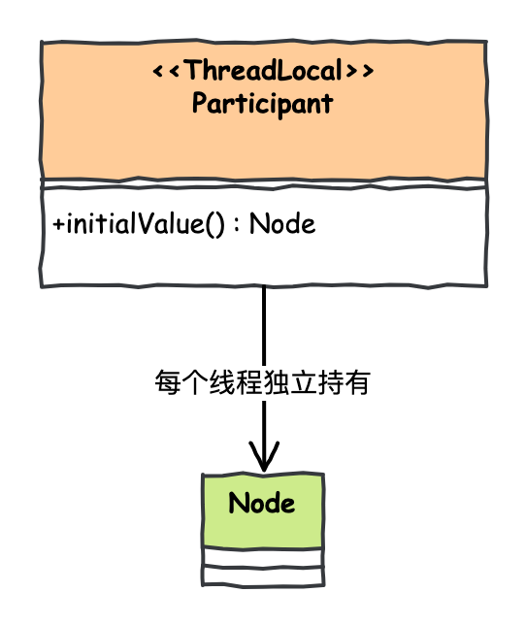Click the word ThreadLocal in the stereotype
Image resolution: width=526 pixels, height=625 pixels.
tap(264, 70)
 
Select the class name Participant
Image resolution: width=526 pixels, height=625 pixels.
tap(263, 103)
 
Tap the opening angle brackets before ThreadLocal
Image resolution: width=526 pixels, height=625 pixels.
tap(167, 71)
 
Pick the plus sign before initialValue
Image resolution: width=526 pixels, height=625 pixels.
tap(58, 223)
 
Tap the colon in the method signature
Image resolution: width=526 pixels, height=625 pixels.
tap(237, 224)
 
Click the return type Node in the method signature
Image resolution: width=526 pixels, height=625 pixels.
tap(282, 223)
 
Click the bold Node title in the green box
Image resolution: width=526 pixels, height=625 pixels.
tap(262, 503)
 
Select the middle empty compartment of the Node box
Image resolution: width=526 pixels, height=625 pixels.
tap(263, 558)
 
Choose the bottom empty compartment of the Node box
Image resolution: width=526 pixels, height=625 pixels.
tap(263, 576)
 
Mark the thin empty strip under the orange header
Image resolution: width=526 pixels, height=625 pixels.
tap(264, 183)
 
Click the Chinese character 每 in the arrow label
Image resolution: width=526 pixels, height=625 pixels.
tap(168, 382)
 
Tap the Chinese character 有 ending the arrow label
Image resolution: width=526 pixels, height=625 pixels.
tap(357, 382)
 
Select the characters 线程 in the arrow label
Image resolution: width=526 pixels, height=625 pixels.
tap(236, 382)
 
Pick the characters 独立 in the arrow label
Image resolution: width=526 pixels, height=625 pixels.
tap(290, 382)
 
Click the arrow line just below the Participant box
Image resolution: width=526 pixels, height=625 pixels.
tap(264, 326)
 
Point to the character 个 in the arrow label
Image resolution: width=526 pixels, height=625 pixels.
tap(195, 382)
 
